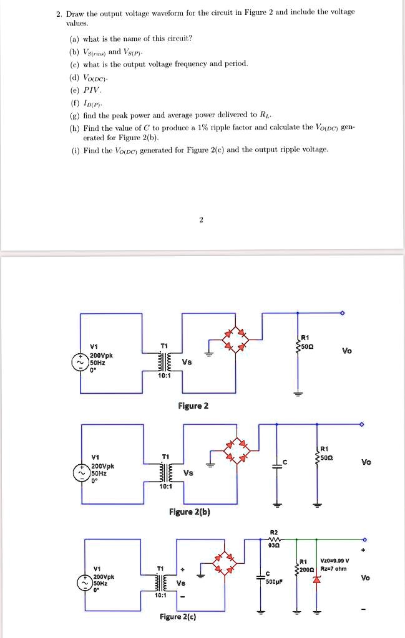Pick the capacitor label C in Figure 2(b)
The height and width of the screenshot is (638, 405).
point(283,462)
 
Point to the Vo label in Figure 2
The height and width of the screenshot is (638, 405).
point(347,350)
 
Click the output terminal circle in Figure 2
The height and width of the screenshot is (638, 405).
point(343,313)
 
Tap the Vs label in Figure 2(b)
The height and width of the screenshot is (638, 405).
point(189,473)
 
